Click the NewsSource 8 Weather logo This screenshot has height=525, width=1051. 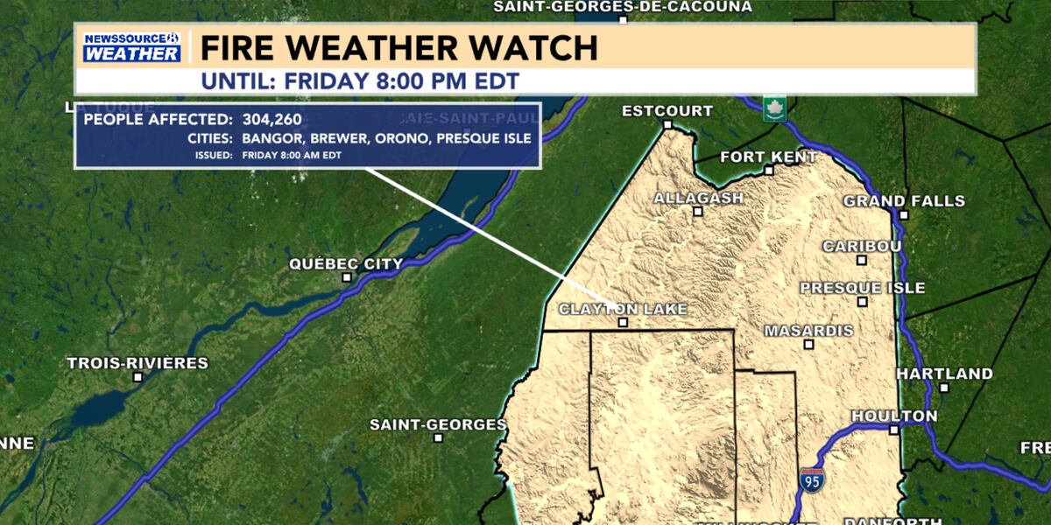click(x=131, y=46)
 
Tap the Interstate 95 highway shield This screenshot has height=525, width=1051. click(x=811, y=479)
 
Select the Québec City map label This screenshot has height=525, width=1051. click(x=347, y=264)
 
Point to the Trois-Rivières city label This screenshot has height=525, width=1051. click(x=138, y=363)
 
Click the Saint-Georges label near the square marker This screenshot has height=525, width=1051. click(x=438, y=425)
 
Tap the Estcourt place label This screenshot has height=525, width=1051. click(x=667, y=111)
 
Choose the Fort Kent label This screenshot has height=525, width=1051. click(x=768, y=157)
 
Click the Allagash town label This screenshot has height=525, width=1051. click(x=698, y=199)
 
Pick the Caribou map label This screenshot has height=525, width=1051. click(x=862, y=247)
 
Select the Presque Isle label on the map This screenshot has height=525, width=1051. click(x=863, y=288)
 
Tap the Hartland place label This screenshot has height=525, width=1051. click(x=944, y=374)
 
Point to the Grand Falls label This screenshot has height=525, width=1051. click(x=904, y=201)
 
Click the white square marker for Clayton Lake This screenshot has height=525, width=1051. click(x=623, y=323)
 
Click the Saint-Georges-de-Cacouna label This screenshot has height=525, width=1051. click(x=623, y=7)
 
